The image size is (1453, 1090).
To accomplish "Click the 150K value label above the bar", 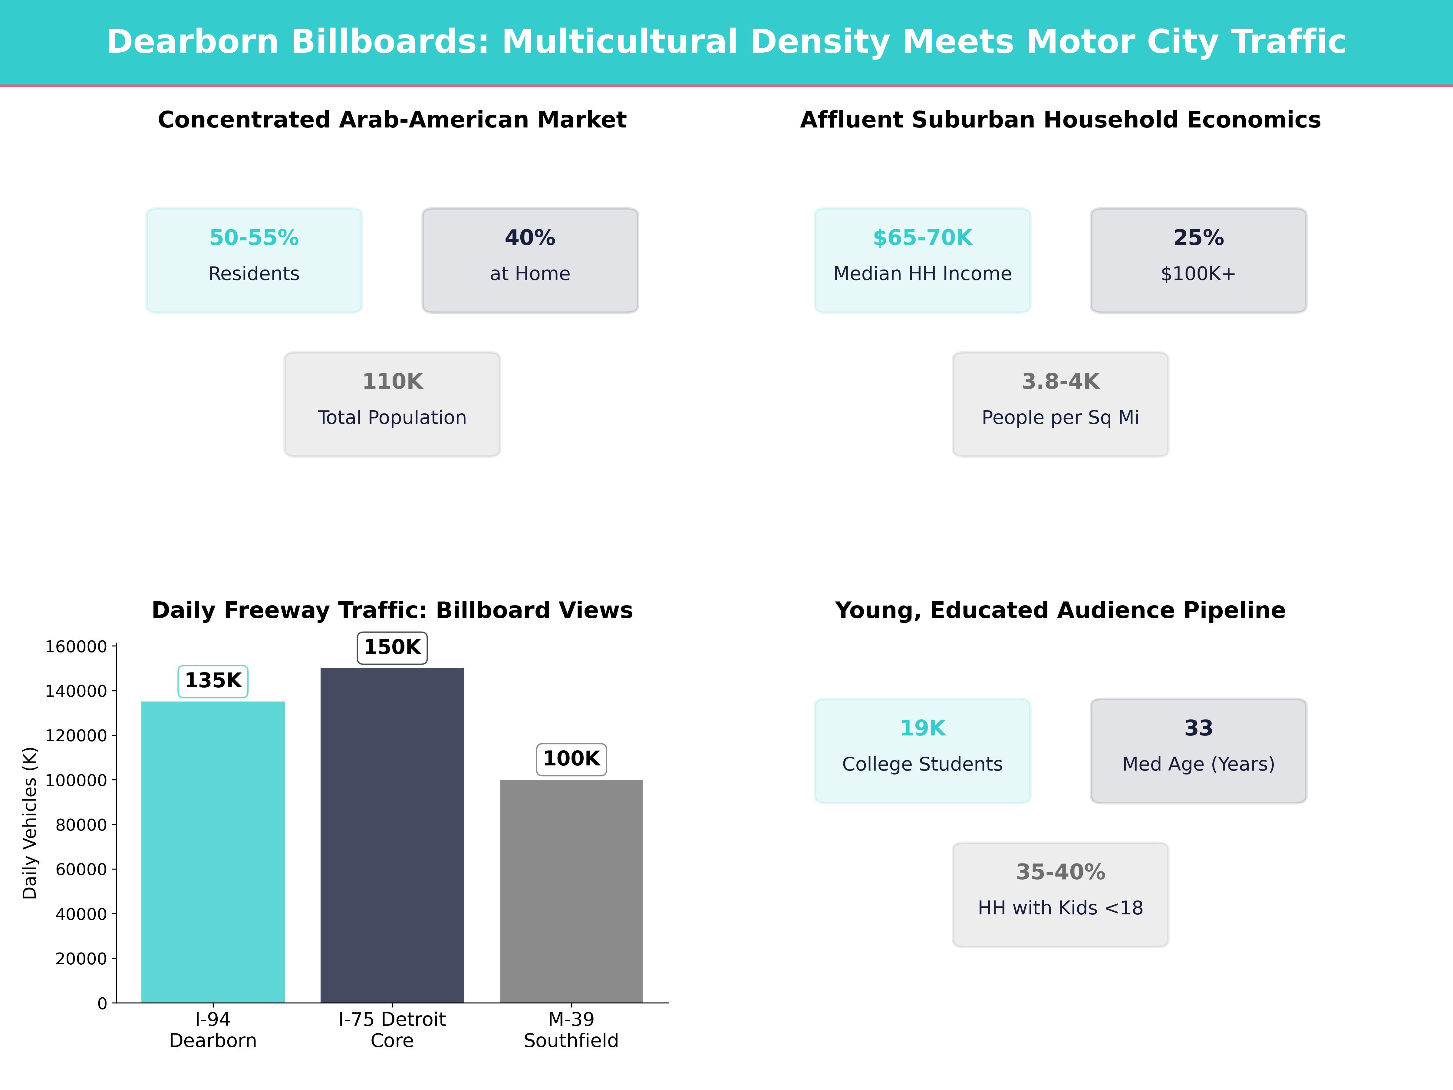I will coord(392,647).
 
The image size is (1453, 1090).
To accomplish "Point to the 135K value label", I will coord(213,681).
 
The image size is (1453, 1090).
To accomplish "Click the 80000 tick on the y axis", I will coord(81,824).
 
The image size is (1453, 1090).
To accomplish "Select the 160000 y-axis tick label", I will coord(76,646).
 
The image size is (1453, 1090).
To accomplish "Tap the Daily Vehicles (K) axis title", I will coord(30,823).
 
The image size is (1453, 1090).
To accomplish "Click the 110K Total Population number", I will coord(392,382).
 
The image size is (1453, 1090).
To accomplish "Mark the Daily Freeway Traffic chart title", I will coord(392,610).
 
